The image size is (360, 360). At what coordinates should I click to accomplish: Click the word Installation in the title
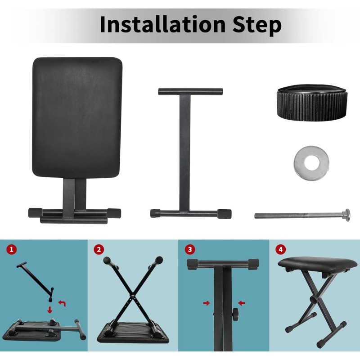(x=163, y=24)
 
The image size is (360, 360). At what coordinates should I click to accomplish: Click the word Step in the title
(x=257, y=26)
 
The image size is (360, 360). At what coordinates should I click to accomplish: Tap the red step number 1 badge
(x=12, y=249)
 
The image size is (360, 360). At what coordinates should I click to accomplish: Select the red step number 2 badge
(x=99, y=249)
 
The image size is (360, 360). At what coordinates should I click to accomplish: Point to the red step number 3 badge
(x=190, y=249)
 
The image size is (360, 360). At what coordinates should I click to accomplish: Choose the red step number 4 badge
(x=280, y=249)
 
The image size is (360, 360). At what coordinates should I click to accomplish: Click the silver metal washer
(x=311, y=162)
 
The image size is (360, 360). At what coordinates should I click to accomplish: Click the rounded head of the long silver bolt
(x=346, y=215)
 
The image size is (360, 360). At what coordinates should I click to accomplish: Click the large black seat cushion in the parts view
(x=77, y=117)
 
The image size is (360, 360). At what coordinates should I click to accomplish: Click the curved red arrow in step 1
(x=62, y=303)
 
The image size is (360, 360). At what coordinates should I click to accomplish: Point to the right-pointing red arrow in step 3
(x=207, y=303)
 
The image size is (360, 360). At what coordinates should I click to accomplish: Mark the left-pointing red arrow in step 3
(x=242, y=303)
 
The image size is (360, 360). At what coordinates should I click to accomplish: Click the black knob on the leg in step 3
(x=235, y=312)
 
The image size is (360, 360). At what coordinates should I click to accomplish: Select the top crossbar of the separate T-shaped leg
(x=190, y=91)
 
